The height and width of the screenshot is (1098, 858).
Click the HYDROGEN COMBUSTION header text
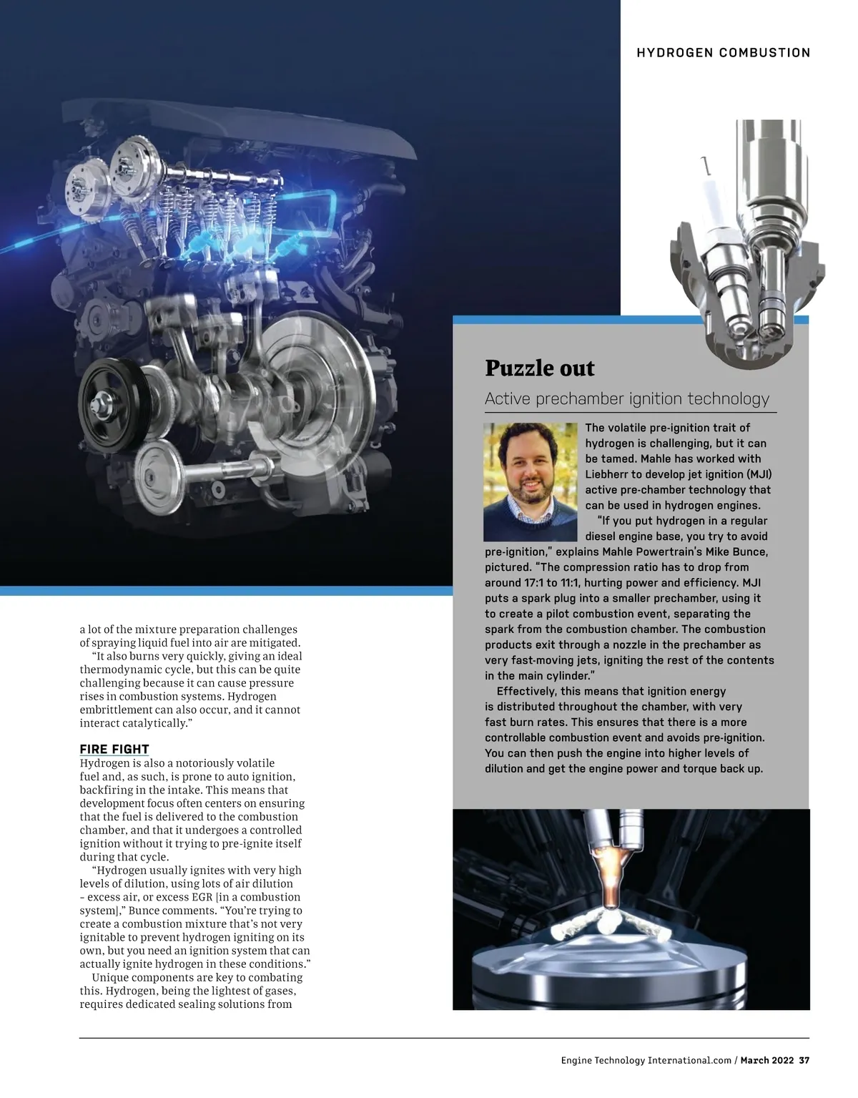[724, 53]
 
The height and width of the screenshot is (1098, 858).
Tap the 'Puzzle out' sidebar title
[540, 368]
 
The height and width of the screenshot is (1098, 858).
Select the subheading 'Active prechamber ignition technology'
[627, 398]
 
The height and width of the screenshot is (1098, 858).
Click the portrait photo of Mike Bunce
[530, 481]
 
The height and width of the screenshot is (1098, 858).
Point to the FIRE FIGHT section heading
[114, 750]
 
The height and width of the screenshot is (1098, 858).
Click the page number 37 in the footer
[804, 1060]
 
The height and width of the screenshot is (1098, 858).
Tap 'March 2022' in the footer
[767, 1060]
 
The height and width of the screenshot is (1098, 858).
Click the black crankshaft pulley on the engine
[114, 396]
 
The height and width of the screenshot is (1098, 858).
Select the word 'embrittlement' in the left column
[116, 710]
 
